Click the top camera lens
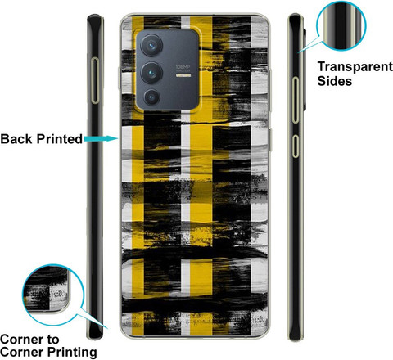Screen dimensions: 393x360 [151, 45]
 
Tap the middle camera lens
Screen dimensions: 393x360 [151, 73]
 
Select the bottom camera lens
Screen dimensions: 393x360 [151, 97]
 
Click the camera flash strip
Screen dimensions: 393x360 [183, 75]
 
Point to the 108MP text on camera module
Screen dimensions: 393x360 [183, 67]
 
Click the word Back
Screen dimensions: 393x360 [17, 139]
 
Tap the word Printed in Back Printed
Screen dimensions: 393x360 [60, 139]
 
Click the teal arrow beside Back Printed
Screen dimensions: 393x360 [101, 139]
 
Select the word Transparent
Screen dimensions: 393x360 [355, 67]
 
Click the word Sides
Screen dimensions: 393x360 [334, 81]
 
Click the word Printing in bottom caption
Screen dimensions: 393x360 [72, 353]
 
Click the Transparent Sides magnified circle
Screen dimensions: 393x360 [341, 25]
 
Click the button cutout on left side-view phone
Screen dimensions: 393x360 [95, 80]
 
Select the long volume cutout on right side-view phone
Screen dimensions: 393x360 [296, 100]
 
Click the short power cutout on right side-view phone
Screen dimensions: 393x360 [296, 146]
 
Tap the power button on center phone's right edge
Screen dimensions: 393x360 [270, 140]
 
